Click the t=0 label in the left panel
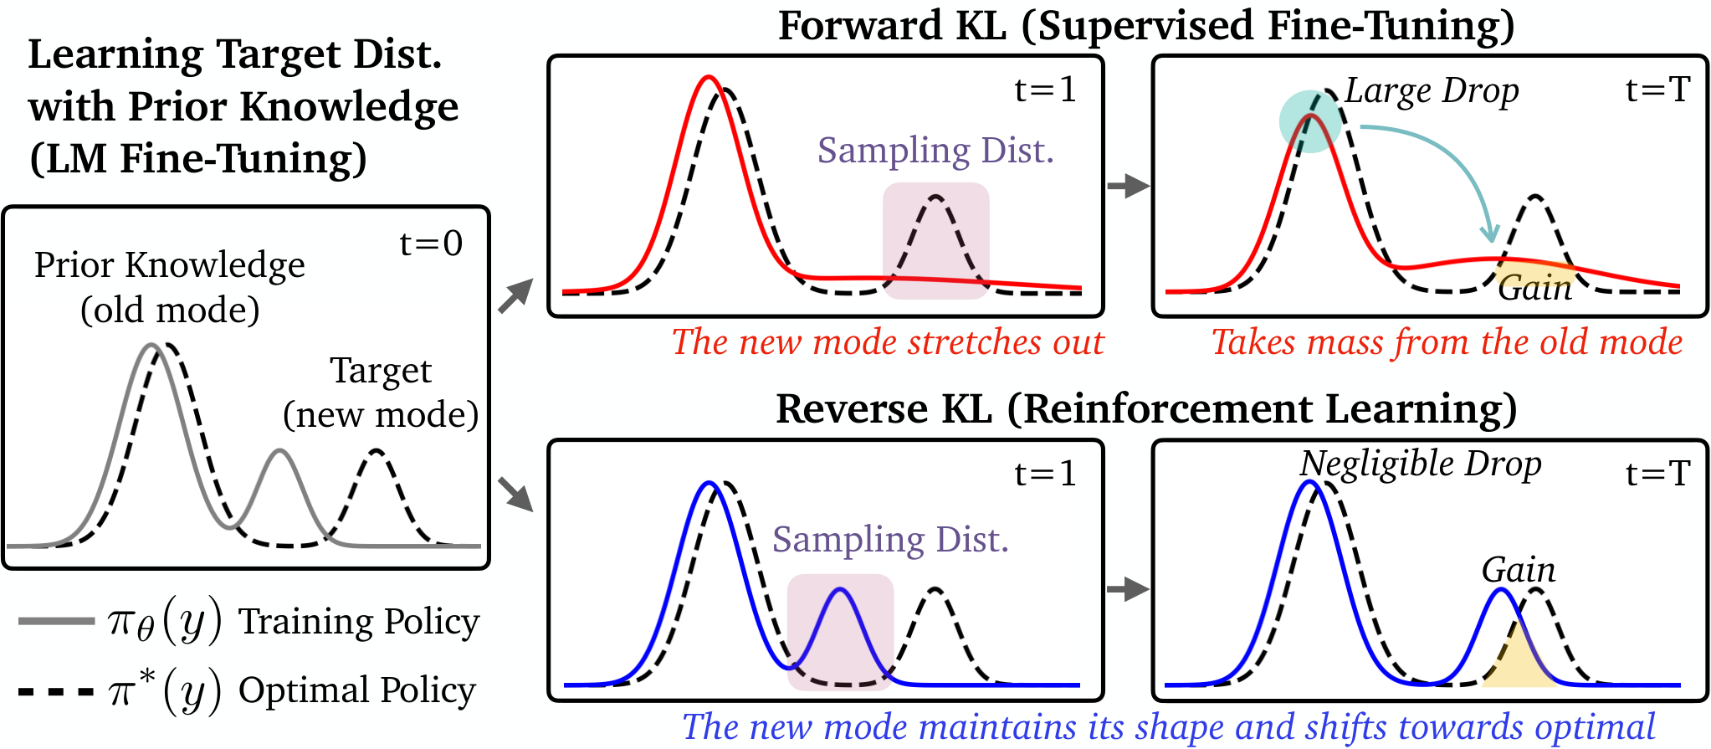click(431, 244)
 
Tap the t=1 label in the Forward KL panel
click(1046, 90)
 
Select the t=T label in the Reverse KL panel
click(1658, 474)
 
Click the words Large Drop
click(1432, 91)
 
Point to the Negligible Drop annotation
click(1421, 464)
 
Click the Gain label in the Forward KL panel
click(1535, 288)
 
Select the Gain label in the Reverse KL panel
click(1519, 570)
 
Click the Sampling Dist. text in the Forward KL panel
click(935, 151)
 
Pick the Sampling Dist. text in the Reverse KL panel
click(890, 540)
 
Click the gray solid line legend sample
click(56, 621)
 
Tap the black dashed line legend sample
click(56, 691)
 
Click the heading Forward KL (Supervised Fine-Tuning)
click(1146, 26)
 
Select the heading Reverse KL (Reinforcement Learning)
click(1146, 409)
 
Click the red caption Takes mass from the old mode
click(1447, 342)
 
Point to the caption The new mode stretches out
click(888, 342)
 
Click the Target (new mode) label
click(381, 392)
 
